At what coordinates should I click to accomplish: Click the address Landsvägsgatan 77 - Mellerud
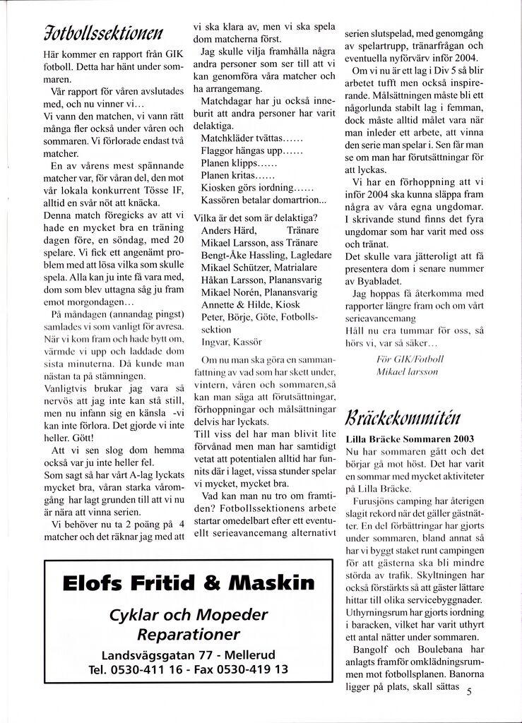(188, 654)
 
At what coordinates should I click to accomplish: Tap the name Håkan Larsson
(228, 283)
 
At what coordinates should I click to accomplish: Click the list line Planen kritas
(227, 177)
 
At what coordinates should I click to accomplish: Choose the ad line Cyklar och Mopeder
(186, 611)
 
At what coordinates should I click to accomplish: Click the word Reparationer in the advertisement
(188, 633)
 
